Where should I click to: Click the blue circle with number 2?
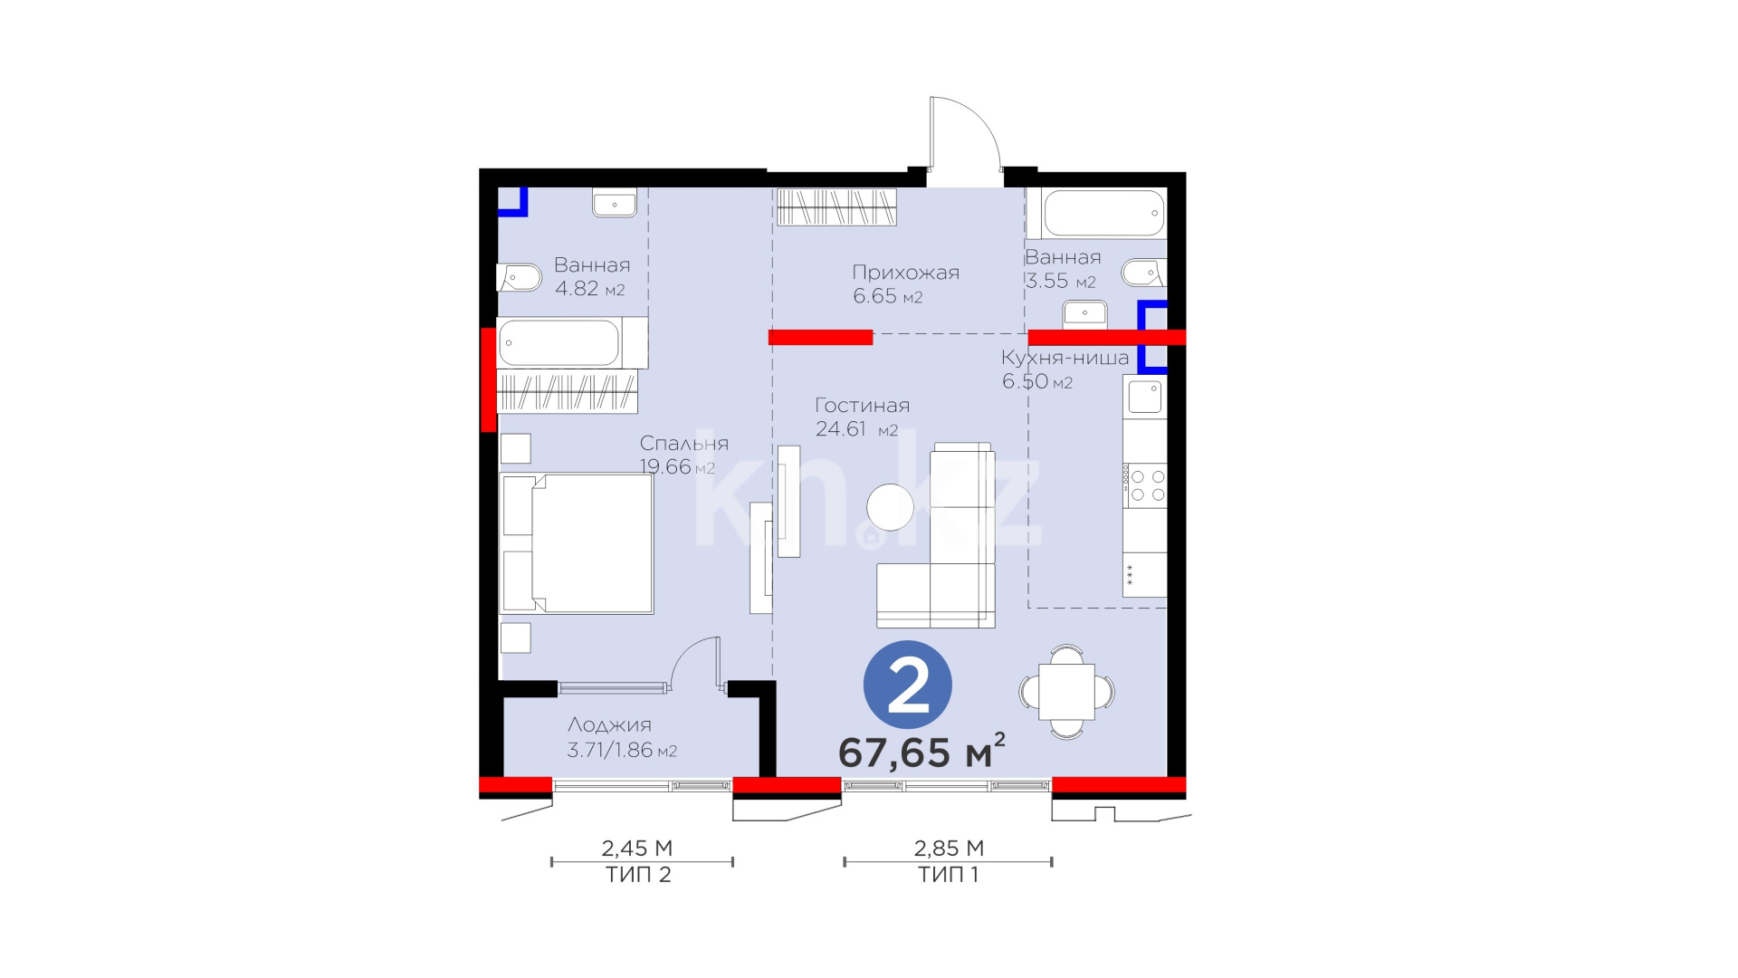[x=908, y=686]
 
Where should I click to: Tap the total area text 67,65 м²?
[x=922, y=752]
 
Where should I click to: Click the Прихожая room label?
[x=905, y=273]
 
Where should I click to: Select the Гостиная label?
[x=862, y=406]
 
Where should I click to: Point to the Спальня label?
[x=683, y=444]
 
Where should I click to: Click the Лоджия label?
[x=609, y=725]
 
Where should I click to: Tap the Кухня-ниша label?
[x=1065, y=358]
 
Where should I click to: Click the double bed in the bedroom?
[x=577, y=543]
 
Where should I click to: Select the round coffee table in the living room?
[x=890, y=507]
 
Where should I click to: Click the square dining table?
[x=1066, y=692]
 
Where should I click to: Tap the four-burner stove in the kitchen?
[x=1146, y=485]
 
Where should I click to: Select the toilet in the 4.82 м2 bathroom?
[x=517, y=277]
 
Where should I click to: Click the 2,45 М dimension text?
[x=637, y=849]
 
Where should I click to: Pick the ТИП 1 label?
[x=948, y=875]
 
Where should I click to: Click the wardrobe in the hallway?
[x=836, y=206]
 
